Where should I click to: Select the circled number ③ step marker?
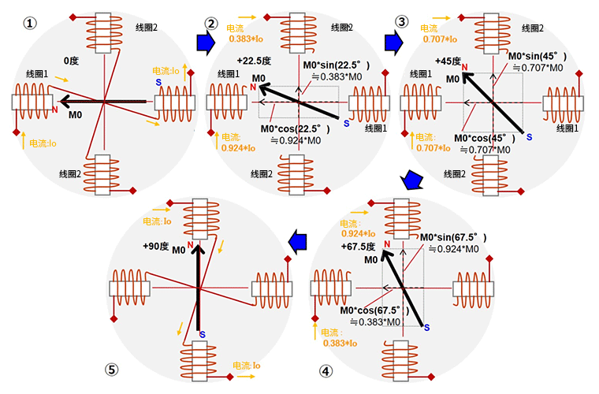tap(402, 21)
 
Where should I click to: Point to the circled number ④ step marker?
tap(325, 371)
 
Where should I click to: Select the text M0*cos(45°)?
tap(483, 138)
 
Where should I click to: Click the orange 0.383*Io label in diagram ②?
tap(249, 39)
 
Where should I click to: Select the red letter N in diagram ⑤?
tap(191, 246)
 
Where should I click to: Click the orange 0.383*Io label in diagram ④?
tap(340, 343)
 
